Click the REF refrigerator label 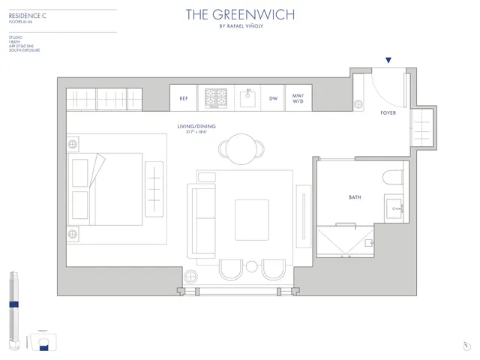click(x=183, y=98)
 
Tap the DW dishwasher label click(x=273, y=98)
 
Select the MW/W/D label click(x=298, y=98)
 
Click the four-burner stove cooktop click(x=217, y=97)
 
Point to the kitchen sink click(x=245, y=97)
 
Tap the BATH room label click(x=355, y=197)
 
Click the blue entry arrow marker click(x=388, y=60)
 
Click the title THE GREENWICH click(x=239, y=14)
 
